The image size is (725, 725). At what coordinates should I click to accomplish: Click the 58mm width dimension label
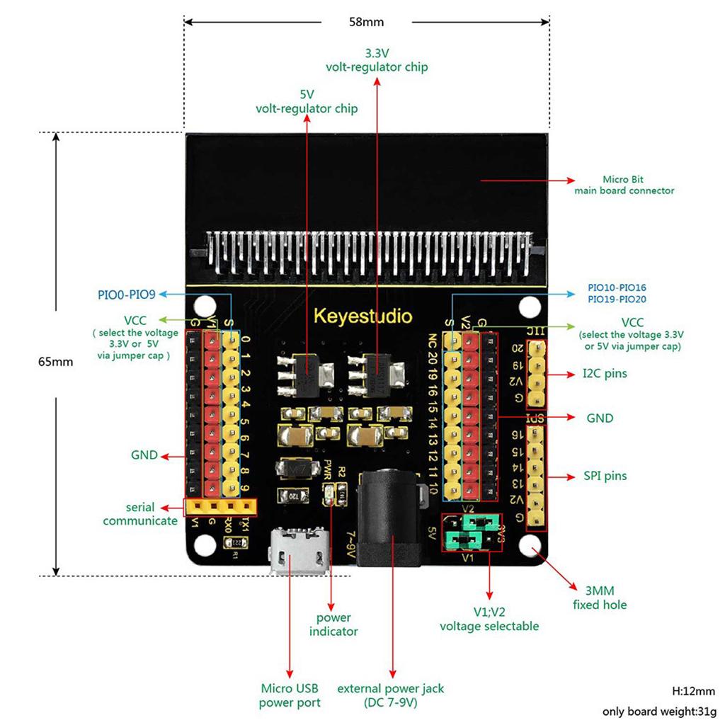[x=366, y=22]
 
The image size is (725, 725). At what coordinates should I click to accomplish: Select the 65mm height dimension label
[x=56, y=361]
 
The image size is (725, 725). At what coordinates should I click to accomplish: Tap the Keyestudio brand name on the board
[x=362, y=314]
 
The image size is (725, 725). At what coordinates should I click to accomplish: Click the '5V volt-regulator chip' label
[x=307, y=101]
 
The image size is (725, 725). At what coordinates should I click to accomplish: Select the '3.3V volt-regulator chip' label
[x=376, y=60]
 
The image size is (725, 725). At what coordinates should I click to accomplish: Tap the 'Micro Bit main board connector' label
[x=624, y=185]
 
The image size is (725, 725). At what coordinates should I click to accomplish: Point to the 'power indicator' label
[x=333, y=624]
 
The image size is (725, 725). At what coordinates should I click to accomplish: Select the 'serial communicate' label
[x=140, y=514]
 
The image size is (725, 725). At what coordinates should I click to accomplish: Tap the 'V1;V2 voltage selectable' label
[x=489, y=619]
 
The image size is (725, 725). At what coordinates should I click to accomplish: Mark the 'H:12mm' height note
[x=693, y=691]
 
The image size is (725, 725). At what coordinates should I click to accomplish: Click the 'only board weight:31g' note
[x=659, y=711]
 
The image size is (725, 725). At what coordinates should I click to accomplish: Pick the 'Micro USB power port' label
[x=290, y=695]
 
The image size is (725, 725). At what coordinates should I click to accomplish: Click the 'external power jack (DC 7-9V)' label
[x=391, y=695]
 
